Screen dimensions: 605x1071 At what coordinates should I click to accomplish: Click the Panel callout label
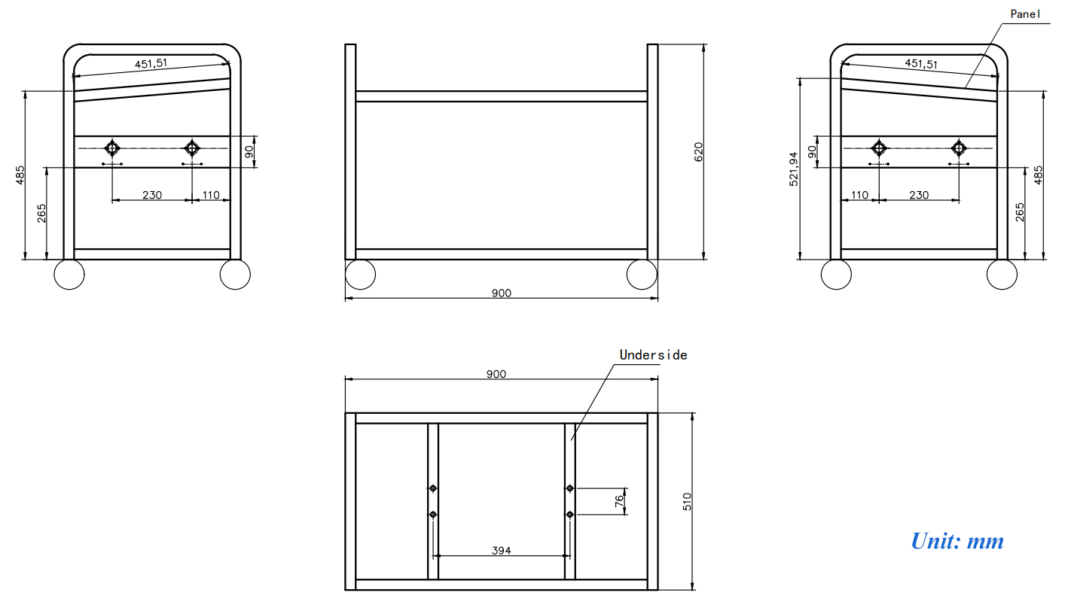coord(1025,14)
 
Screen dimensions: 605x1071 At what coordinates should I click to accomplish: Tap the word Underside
coord(653,354)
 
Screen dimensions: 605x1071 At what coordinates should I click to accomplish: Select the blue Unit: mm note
coord(957,540)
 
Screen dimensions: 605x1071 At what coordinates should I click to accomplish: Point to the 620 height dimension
coord(697,152)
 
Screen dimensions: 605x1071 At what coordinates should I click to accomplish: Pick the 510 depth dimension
coord(687,502)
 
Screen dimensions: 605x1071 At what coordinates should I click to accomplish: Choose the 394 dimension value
coord(501,551)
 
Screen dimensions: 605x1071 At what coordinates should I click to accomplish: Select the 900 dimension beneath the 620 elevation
coord(501,293)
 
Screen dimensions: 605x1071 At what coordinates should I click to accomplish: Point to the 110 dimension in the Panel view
coord(859,195)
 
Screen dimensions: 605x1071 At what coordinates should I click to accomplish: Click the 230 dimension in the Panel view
coord(919,195)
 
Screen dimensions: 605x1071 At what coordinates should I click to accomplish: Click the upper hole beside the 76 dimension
coord(570,488)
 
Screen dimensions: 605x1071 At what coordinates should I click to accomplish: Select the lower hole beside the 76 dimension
coord(570,515)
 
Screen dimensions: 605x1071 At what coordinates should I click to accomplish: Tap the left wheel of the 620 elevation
coord(360,275)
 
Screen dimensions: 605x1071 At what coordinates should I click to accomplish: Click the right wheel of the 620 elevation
coord(642,275)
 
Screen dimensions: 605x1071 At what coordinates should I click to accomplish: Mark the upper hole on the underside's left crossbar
coord(433,488)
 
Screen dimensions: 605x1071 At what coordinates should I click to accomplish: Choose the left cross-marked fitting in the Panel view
coord(878,147)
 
